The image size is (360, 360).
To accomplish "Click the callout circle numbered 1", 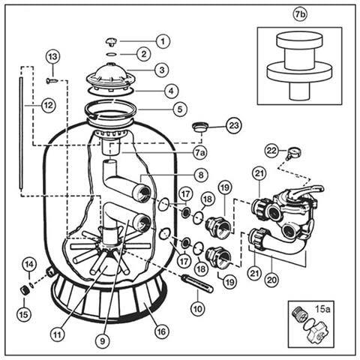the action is (163, 41).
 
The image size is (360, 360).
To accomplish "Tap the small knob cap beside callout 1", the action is (111, 41).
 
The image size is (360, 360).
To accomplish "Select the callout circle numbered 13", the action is (53, 57).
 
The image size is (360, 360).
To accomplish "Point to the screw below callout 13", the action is (52, 80).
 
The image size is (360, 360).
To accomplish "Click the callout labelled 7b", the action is (300, 14).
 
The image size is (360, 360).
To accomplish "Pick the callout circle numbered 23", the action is (234, 125).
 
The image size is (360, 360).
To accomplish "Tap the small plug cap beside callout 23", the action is (201, 127).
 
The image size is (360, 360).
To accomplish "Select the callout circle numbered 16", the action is (161, 331).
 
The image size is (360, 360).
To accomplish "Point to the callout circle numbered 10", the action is (197, 309).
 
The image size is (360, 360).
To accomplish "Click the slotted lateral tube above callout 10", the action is (198, 283).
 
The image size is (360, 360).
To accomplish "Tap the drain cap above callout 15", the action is (25, 290).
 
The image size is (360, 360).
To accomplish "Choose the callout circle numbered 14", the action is (29, 265).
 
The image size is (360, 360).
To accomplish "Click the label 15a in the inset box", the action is (322, 309).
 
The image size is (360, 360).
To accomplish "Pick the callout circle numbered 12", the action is (49, 106).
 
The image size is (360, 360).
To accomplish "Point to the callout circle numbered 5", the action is (180, 109).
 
